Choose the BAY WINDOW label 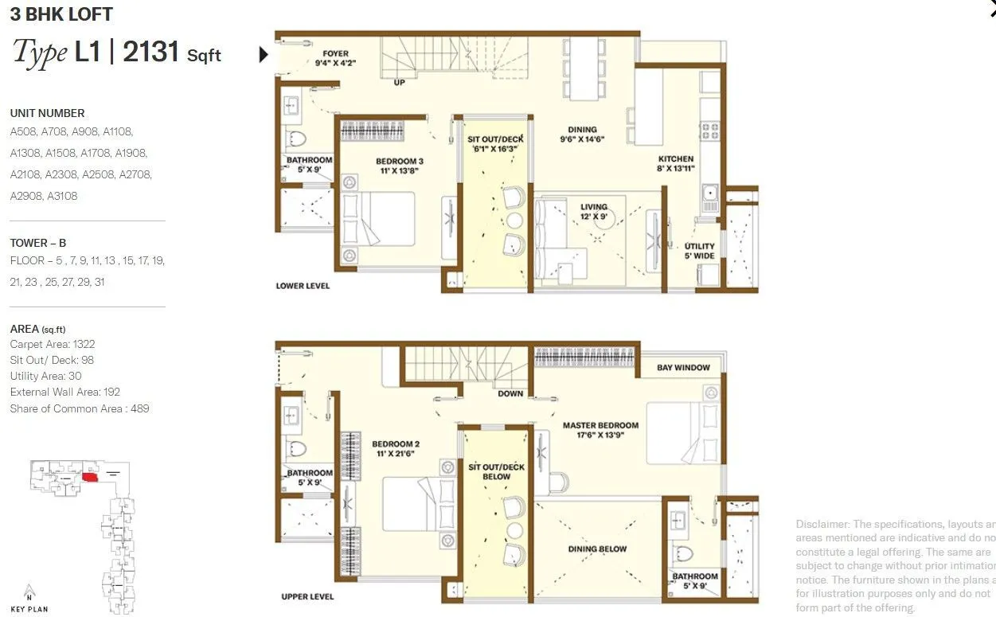pos(683,368)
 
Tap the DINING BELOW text pos(597,549)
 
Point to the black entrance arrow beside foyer pos(264,54)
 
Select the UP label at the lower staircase pos(399,82)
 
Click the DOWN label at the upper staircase pos(510,393)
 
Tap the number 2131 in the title pos(151,52)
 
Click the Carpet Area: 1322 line pos(52,344)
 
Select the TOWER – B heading pos(37,243)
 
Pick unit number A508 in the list pos(23,131)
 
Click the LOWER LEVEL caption pos(303,285)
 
